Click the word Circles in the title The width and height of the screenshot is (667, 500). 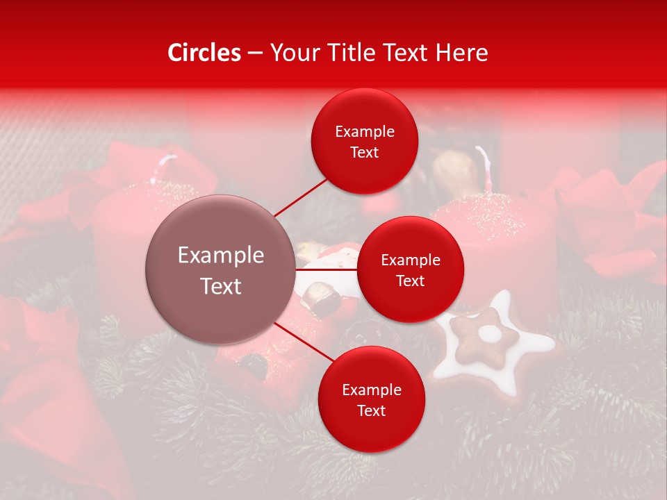tap(204, 53)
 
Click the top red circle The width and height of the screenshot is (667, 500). tap(365, 141)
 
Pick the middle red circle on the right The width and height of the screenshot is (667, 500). tap(410, 269)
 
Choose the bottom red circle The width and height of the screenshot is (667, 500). tap(371, 399)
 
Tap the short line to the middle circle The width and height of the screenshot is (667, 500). tap(327, 269)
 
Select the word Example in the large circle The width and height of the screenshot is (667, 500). tap(221, 256)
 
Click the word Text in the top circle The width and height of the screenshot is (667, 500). tap(365, 152)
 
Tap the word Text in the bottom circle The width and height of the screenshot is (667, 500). tap(371, 410)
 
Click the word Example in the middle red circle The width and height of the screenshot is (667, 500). tap(410, 260)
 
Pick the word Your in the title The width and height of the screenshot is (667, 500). tap(293, 53)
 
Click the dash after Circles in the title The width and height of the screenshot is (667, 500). tap(255, 53)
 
